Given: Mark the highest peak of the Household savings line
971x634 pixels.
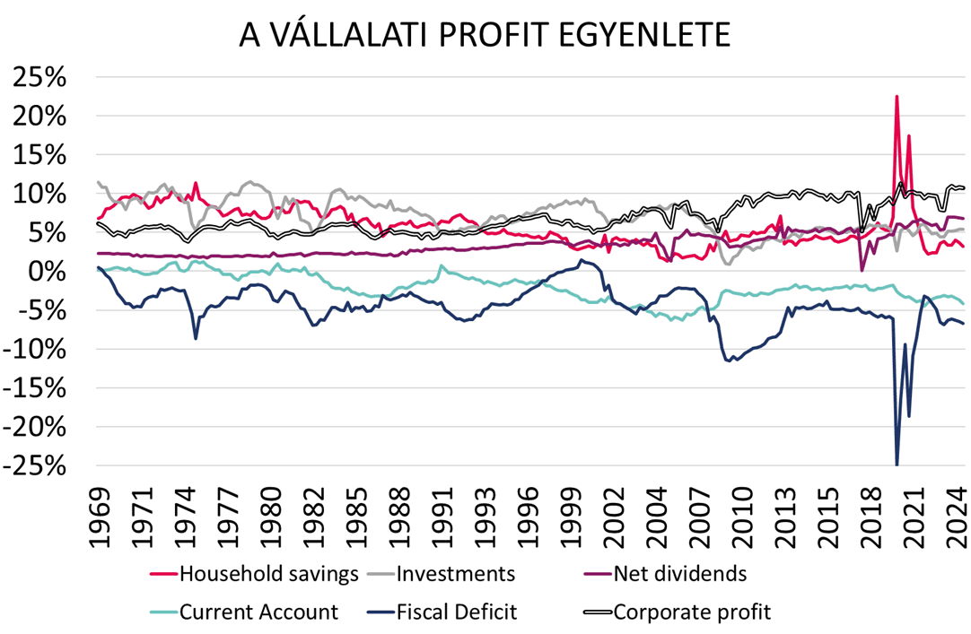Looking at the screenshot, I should pos(897,96).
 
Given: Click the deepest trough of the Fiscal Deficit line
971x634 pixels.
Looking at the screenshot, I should pos(897,465).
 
